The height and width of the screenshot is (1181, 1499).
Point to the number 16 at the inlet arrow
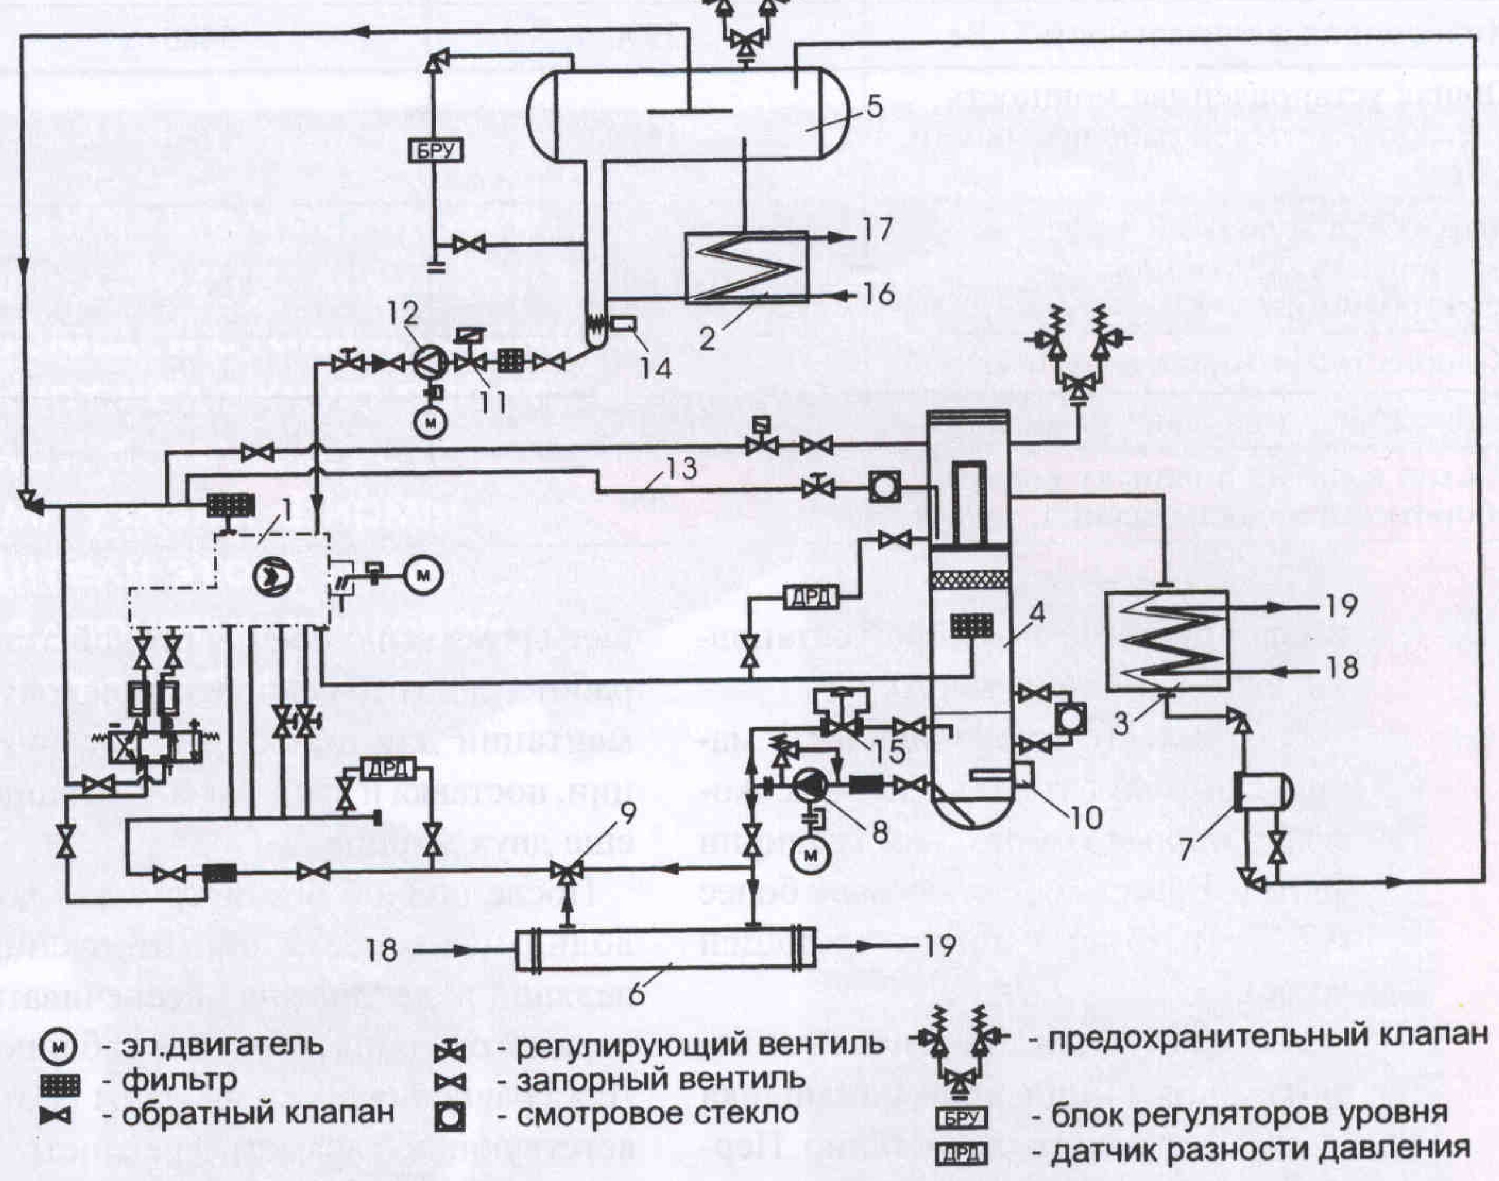coord(879,294)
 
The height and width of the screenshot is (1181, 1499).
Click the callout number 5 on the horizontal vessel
coord(874,107)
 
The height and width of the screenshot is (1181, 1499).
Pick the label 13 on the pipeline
coord(681,470)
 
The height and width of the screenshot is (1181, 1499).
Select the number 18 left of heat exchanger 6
coord(381,950)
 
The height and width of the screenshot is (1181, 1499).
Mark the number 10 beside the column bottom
coord(1086,819)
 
